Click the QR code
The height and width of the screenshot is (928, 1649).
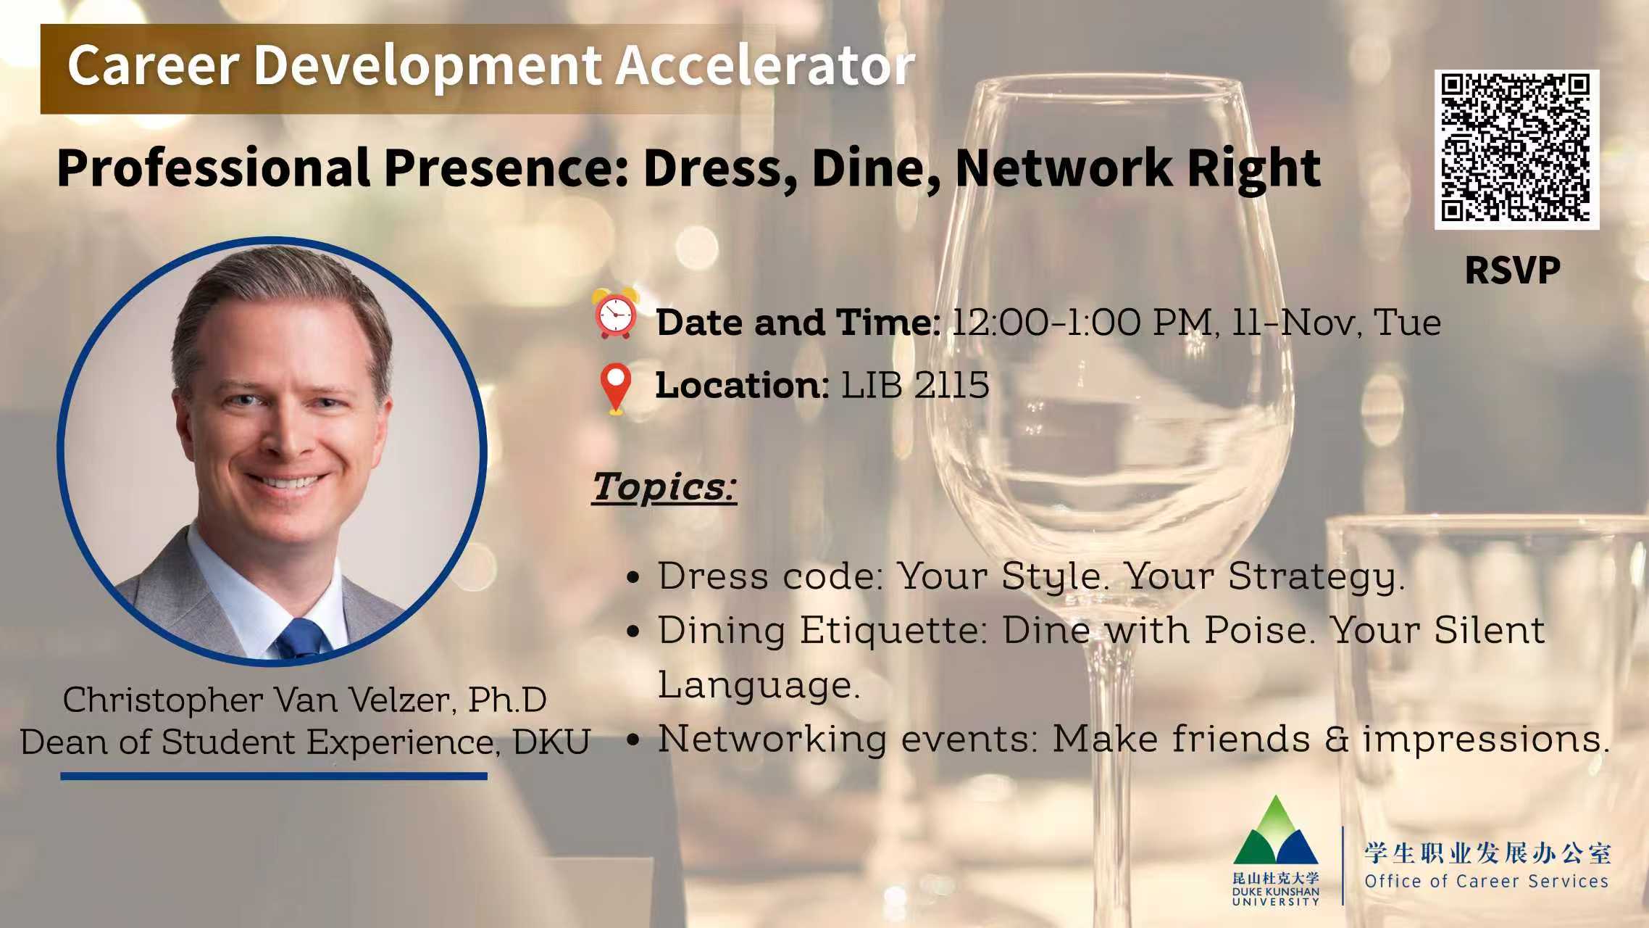[x=1516, y=149]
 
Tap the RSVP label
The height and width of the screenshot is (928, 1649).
[x=1512, y=271]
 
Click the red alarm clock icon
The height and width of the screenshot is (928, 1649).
[x=615, y=313]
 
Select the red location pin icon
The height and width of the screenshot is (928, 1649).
[x=615, y=388]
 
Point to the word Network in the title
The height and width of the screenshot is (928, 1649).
[x=1061, y=168]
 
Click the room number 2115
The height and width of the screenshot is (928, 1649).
[x=951, y=385]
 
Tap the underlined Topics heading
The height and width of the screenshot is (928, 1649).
[x=664, y=486]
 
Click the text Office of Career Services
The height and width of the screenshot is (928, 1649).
[x=1486, y=882]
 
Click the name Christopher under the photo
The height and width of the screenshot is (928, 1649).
[x=163, y=700]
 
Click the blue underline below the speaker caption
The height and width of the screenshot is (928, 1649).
[x=274, y=776]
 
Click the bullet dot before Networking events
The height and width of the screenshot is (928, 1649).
[x=633, y=741]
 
